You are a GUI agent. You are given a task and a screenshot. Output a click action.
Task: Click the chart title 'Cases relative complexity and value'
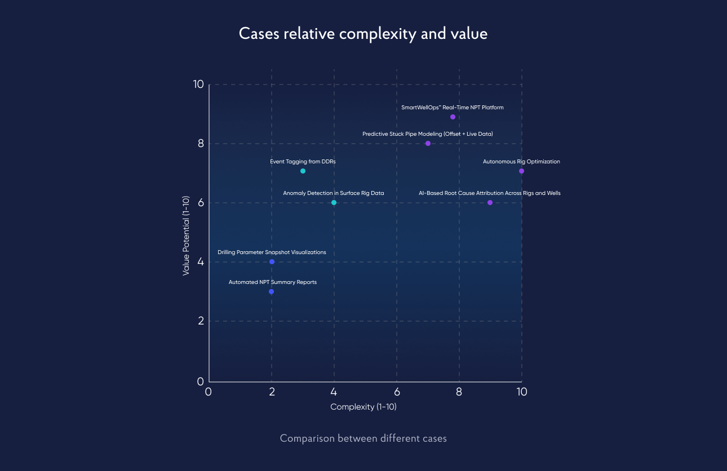363,34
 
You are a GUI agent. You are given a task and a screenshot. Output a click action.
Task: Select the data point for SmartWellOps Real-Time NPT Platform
453,117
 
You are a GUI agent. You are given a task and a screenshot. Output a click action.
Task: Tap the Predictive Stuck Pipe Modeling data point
428,144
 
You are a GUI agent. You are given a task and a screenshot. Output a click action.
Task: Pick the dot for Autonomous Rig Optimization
521,171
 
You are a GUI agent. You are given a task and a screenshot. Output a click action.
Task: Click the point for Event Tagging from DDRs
303,171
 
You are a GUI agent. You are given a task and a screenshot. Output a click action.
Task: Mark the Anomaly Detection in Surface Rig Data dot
334,202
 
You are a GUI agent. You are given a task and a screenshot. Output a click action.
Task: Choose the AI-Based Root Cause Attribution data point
490,202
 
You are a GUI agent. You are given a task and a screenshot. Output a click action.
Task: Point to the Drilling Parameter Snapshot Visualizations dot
272,261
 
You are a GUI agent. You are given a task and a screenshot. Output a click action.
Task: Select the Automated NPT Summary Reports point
271,291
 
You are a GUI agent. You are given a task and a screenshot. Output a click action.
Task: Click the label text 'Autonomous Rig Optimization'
521,162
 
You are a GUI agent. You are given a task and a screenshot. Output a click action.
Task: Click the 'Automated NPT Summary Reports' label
272,282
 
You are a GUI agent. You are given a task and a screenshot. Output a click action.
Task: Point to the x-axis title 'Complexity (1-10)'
363,407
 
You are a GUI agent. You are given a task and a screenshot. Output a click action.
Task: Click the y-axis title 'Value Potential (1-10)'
185,235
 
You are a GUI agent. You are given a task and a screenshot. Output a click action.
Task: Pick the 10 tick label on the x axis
521,392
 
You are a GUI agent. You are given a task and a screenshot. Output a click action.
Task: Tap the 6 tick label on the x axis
397,392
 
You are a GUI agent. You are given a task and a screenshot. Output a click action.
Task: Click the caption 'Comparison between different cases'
363,438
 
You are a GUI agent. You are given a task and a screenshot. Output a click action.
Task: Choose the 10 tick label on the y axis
198,85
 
